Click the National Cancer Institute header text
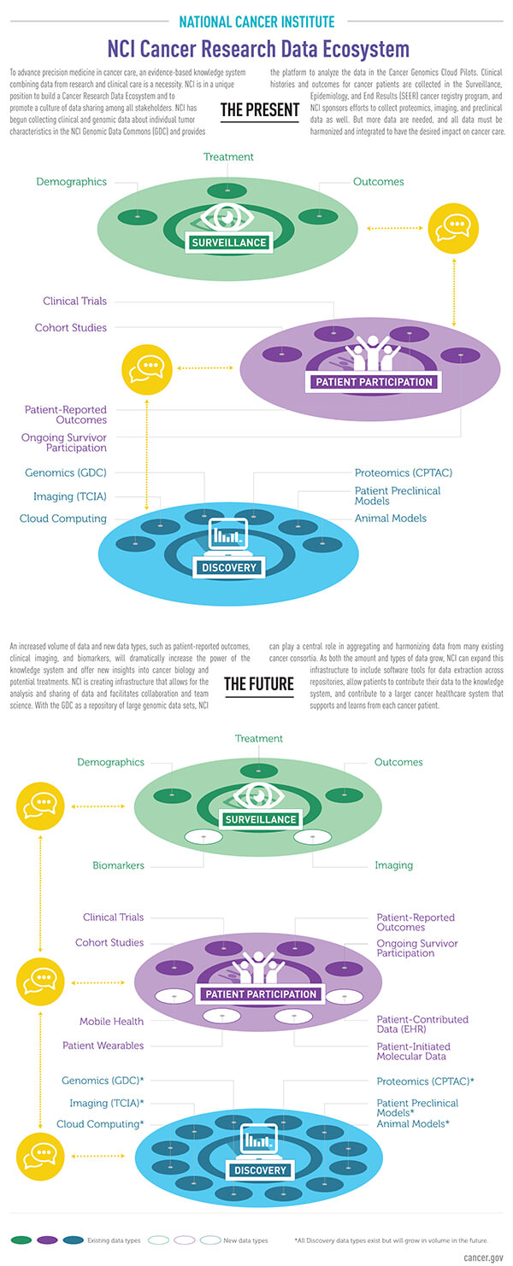click(x=256, y=21)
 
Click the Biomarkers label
click(x=118, y=865)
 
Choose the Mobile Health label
click(x=112, y=1021)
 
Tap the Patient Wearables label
click(x=103, y=1046)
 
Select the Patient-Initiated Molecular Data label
click(x=414, y=1051)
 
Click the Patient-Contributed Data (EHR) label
click(x=422, y=1024)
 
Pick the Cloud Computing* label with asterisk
click(x=100, y=1124)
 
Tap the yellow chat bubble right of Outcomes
click(x=451, y=228)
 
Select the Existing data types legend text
click(x=115, y=1240)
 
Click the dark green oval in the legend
click(x=21, y=1240)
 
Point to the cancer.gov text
click(x=484, y=1257)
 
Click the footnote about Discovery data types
click(x=398, y=1240)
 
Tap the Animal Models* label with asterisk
click(x=413, y=1123)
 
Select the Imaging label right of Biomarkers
click(x=393, y=865)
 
